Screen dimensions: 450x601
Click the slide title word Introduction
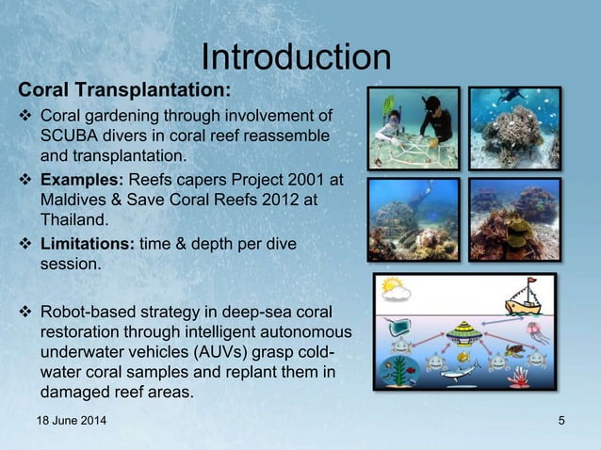click(296, 56)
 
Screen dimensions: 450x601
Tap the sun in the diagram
click(391, 285)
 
